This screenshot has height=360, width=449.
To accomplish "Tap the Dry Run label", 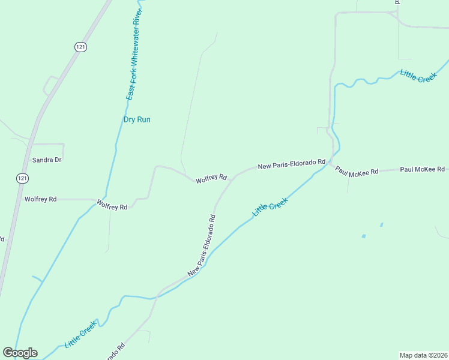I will coord(137,119).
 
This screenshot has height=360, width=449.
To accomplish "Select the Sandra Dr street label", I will coord(47,160).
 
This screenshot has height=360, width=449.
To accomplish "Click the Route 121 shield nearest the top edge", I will coord(80,46).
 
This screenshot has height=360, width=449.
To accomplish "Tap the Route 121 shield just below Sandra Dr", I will coord(22,178).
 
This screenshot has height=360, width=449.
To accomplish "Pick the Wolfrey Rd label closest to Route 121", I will coord(40,199).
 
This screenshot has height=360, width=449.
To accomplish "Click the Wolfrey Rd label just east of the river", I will coord(112,206).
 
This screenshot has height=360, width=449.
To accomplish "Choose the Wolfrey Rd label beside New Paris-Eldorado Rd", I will coord(211,178).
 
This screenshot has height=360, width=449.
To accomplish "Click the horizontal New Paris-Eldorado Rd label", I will coord(291,163).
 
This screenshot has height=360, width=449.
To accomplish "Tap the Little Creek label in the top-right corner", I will coord(418,76).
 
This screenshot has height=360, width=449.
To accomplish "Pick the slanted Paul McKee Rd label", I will coord(357,171).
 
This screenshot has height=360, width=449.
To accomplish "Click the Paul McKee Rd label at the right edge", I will coord(422,169).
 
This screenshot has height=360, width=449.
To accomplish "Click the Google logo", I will coord(20,353).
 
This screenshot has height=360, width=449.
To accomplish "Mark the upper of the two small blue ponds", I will coord(381,225).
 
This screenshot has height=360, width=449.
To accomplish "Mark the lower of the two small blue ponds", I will coord(364,236).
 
